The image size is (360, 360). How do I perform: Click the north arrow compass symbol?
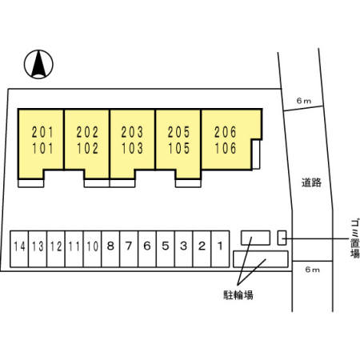tap(38, 64)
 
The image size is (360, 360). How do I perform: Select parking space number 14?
tap(19, 249)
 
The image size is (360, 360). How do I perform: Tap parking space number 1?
tap(220, 249)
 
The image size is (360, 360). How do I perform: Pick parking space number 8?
tap(110, 249)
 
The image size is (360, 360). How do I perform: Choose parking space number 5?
tap(166, 249)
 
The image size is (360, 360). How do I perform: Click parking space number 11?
tap(74, 249)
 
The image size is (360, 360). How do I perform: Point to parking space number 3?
tap(184, 249)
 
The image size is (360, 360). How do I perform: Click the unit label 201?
tap(42, 132)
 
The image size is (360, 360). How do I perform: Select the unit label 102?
tap(88, 148)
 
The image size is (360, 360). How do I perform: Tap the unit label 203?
tap(132, 132)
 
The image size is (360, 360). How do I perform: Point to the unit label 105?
tap(179, 148)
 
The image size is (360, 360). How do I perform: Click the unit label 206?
tap(226, 132)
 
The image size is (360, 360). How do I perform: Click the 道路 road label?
tap(311, 182)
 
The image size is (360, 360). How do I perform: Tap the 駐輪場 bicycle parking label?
tap(238, 295)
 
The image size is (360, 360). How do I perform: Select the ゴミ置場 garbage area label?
tap(354, 238)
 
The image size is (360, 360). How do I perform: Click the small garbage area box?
tap(282, 238)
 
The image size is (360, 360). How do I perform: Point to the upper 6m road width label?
tap(304, 101)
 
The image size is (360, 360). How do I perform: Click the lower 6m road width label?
tap(312, 270)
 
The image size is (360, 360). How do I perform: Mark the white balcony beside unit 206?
tap(256, 154)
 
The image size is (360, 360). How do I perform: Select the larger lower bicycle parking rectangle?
tap(261, 259)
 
